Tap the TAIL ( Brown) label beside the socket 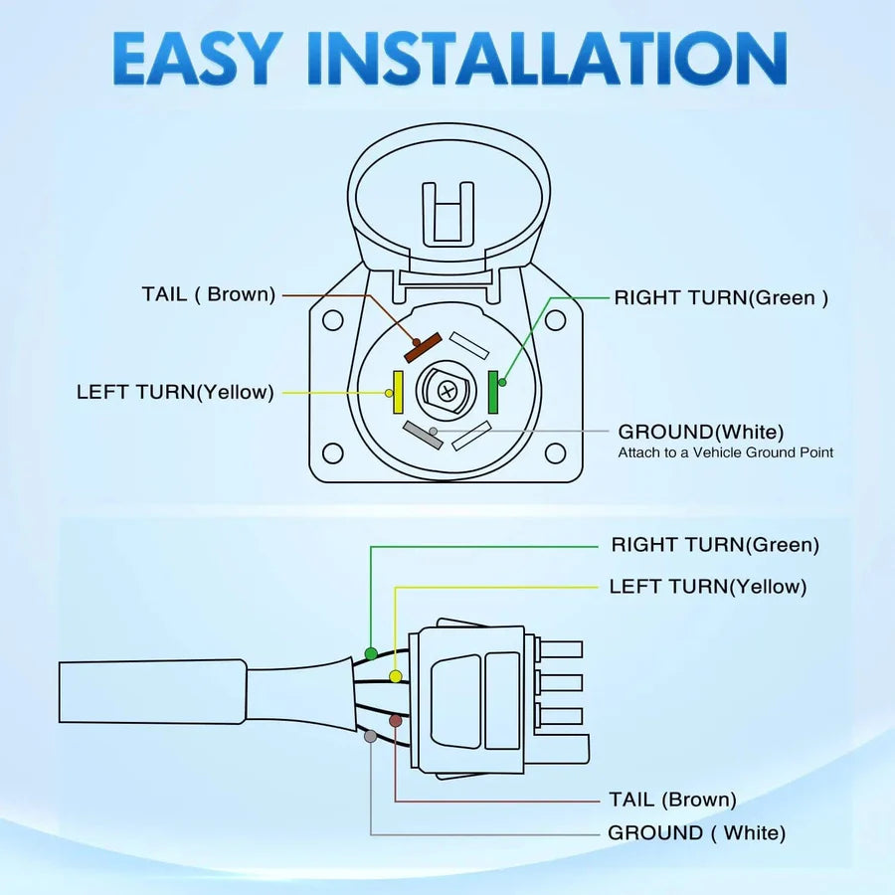[208, 294]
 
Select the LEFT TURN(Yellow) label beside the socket [175, 392]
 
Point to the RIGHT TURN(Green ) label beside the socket [721, 296]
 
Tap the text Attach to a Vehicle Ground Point [726, 452]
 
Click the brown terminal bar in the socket [423, 346]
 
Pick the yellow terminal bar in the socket [398, 392]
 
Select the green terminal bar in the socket [494, 392]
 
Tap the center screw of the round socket [447, 391]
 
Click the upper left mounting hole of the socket [333, 321]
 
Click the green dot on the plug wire [371, 653]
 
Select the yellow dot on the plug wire [396, 676]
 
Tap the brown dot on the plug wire [396, 720]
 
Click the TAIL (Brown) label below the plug [672, 800]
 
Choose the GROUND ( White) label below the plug [696, 833]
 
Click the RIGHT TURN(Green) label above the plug [715, 545]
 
